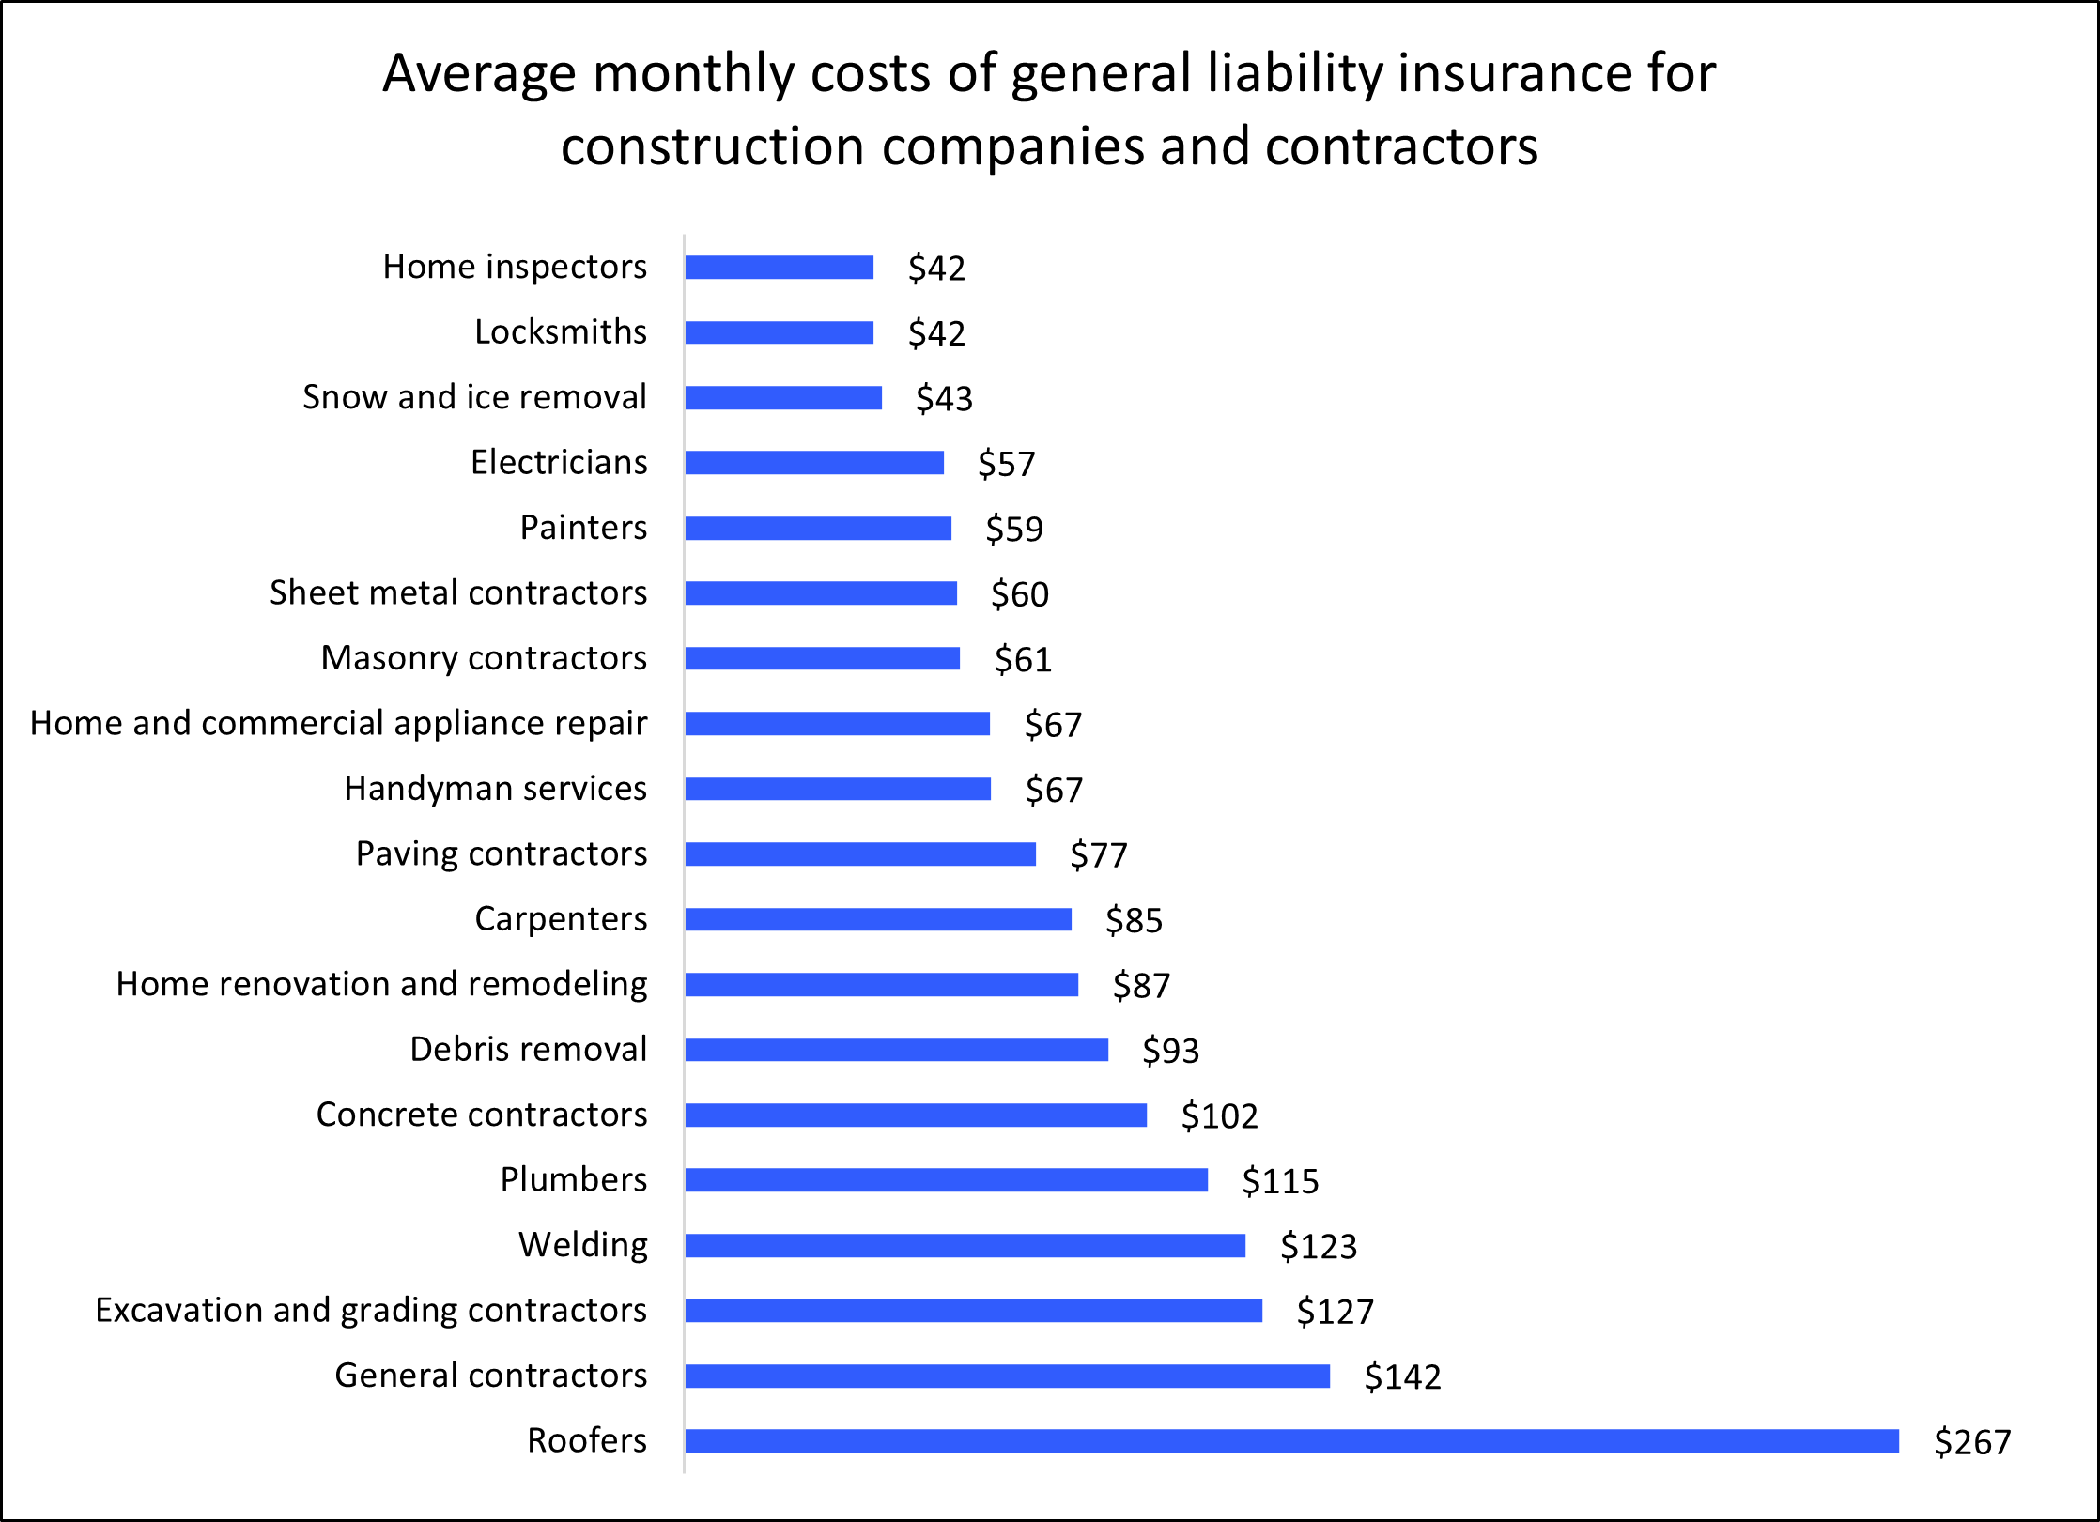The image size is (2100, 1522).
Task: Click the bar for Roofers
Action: point(1291,1440)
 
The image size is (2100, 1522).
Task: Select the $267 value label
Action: point(1972,1442)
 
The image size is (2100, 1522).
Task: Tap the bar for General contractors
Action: point(1007,1376)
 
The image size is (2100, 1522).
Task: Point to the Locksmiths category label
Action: point(561,332)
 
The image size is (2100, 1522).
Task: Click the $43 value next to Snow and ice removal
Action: point(944,399)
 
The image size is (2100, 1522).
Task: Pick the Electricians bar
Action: point(814,463)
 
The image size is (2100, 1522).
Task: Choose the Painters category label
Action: point(583,528)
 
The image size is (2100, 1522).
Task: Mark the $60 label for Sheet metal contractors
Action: point(1019,594)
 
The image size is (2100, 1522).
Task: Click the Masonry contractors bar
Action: point(822,658)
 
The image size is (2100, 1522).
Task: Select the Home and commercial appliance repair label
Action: point(338,724)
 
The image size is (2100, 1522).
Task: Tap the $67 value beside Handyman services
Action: point(1053,790)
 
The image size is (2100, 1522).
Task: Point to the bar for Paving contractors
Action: point(860,853)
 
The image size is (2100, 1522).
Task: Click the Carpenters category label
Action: point(561,919)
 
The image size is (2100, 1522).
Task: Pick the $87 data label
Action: point(1141,986)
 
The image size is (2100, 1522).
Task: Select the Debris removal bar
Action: point(896,1050)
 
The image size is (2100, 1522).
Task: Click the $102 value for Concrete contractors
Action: point(1219,1116)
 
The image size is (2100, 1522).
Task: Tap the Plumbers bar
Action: point(946,1180)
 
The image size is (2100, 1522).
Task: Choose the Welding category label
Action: point(583,1245)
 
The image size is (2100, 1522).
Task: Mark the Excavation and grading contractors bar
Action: point(973,1310)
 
